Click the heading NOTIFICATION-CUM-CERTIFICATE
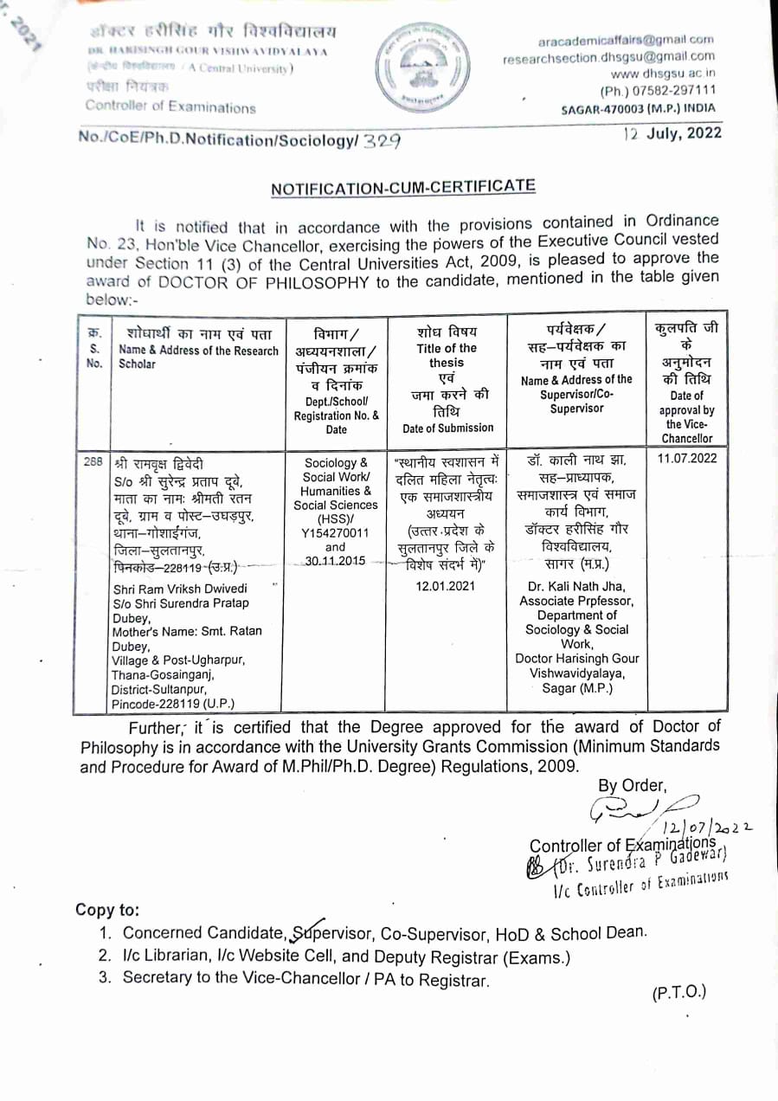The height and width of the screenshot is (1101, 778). pos(403,188)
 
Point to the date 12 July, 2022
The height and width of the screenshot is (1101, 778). pos(672,134)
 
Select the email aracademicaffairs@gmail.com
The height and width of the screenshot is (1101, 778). pos(626,40)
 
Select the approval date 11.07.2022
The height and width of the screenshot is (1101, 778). pos(687,459)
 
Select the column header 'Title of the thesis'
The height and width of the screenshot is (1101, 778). pos(446,356)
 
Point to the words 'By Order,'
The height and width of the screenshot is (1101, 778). pos(632,786)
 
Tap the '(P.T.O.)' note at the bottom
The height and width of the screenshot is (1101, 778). pos(679,992)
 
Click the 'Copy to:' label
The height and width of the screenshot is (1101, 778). pos(107,910)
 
